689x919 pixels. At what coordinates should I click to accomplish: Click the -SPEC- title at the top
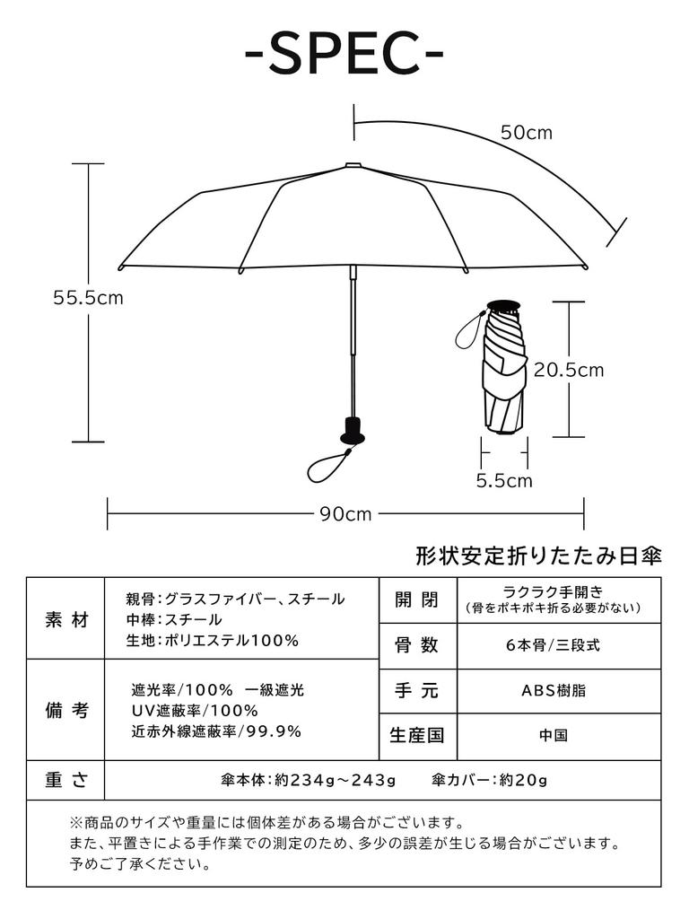344,56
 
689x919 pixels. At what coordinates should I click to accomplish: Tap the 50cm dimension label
527,133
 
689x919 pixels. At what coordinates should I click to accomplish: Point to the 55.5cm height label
88,298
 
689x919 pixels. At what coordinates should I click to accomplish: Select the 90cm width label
345,514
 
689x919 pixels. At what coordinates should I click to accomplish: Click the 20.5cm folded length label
569,369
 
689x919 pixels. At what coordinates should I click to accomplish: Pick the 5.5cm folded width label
503,480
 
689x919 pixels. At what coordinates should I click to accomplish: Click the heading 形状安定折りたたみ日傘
538,556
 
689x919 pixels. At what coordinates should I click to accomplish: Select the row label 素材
66,619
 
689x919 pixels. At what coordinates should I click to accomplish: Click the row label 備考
66,710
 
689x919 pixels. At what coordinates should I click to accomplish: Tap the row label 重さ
66,779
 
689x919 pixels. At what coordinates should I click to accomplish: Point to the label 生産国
417,735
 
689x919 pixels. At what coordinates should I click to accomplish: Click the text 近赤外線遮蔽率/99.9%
216,731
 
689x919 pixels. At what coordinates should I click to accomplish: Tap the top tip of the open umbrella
353,165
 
